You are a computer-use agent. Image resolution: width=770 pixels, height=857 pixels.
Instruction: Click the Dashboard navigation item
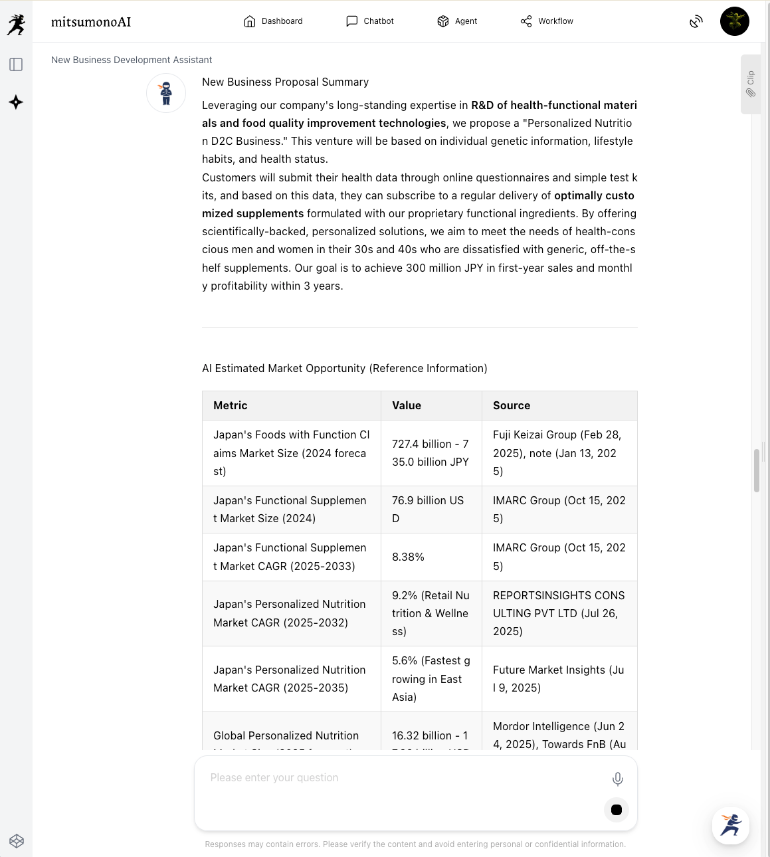click(273, 21)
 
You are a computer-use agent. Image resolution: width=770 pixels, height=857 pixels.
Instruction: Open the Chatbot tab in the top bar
click(370, 21)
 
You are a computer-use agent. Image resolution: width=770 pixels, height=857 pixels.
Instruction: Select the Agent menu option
click(457, 21)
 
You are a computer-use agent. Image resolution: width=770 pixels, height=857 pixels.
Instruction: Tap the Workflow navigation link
click(547, 21)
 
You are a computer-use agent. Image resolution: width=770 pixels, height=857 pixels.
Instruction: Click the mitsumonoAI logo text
click(91, 22)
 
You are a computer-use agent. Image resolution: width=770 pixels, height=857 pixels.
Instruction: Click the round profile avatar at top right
click(734, 21)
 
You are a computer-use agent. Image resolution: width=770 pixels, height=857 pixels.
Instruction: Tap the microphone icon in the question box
click(617, 779)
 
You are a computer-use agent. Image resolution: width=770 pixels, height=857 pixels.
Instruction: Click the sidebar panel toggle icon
click(16, 64)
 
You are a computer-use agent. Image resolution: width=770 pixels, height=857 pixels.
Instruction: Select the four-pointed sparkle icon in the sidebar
click(16, 102)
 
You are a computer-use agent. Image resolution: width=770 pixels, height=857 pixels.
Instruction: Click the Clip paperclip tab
click(751, 84)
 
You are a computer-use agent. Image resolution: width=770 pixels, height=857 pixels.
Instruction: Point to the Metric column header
click(231, 405)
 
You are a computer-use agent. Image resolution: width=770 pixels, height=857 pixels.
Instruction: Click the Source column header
click(512, 405)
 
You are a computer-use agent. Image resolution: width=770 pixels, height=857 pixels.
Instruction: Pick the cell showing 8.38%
click(408, 557)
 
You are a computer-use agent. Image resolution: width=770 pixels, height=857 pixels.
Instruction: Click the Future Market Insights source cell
click(559, 679)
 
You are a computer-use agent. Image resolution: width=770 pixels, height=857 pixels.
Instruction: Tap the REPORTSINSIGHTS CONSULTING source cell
click(559, 613)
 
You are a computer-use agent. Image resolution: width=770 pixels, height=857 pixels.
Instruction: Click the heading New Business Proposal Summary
click(285, 82)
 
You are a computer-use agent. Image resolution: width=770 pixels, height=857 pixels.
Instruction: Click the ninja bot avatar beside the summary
click(166, 93)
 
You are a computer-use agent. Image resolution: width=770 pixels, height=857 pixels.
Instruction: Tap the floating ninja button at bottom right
click(731, 826)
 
